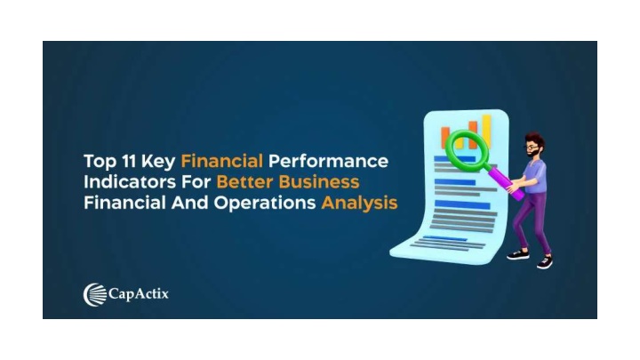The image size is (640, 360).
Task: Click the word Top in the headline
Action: point(100,162)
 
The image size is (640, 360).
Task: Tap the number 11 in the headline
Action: point(129,161)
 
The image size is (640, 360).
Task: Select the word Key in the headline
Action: point(158,162)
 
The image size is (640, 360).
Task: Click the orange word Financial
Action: point(221,161)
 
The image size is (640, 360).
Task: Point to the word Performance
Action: point(328,161)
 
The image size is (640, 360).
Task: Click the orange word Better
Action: point(244,181)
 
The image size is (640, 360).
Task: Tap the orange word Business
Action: point(319,181)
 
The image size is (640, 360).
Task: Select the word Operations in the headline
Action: point(265,204)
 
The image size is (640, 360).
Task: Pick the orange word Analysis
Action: point(359,204)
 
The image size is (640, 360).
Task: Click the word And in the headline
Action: point(190,203)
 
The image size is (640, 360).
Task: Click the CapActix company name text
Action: point(139,294)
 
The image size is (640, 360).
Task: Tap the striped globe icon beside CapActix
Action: point(95,295)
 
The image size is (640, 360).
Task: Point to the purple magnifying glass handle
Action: point(506,181)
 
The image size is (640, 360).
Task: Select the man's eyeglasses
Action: point(532,147)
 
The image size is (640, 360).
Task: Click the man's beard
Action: point(533,154)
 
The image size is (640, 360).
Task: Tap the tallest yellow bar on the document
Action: point(486,131)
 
